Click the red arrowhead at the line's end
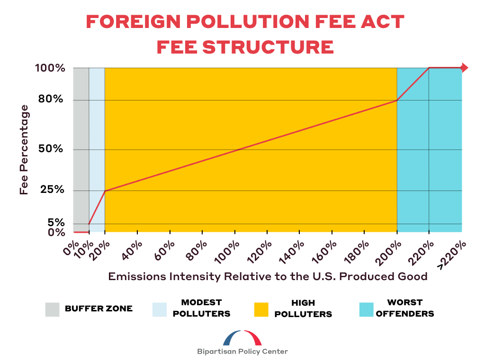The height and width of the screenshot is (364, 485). pyautogui.click(x=465, y=68)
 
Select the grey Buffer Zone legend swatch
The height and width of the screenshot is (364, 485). pyautogui.click(x=53, y=309)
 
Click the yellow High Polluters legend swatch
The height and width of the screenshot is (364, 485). pyautogui.click(x=260, y=309)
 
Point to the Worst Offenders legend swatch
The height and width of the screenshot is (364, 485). pyautogui.click(x=366, y=309)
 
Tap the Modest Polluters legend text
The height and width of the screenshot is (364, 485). pyautogui.click(x=202, y=308)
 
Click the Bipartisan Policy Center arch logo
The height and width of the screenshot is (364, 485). pyautogui.click(x=242, y=338)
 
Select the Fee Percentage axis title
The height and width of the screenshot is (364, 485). pyautogui.click(x=25, y=150)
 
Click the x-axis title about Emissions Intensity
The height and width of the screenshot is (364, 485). pyautogui.click(x=268, y=276)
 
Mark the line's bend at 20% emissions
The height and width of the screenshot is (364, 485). pyautogui.click(x=105, y=191)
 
